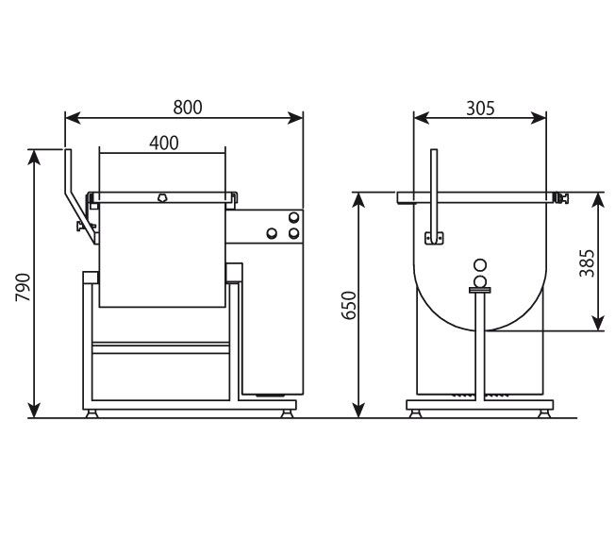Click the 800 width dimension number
(188, 108)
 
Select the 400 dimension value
(163, 143)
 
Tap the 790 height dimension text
(24, 286)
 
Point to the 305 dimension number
(480, 108)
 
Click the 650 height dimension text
(349, 306)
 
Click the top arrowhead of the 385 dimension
(599, 199)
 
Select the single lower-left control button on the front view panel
(273, 232)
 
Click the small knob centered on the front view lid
(162, 198)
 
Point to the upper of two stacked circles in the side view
(480, 266)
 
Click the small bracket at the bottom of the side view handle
(434, 238)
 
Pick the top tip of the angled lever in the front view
(67, 152)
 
